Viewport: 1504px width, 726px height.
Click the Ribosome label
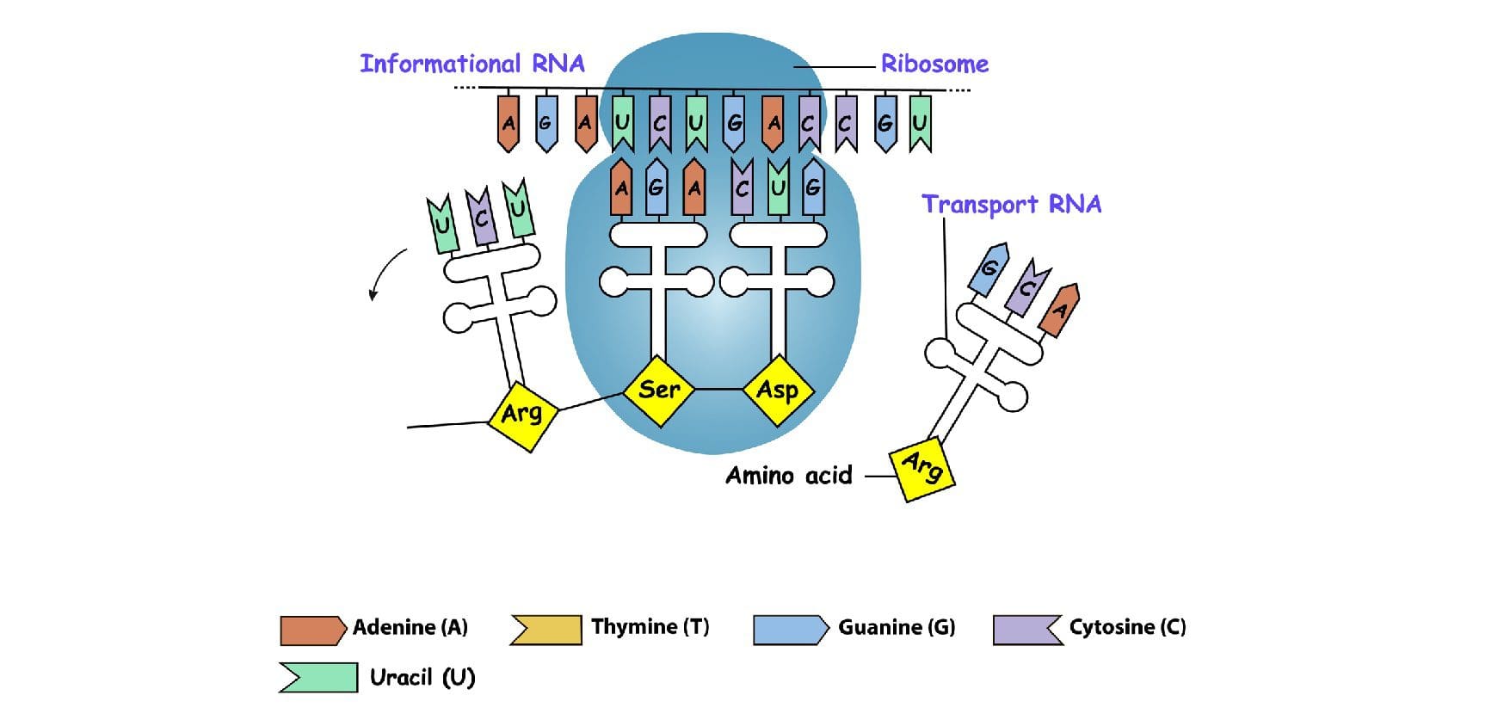point(934,65)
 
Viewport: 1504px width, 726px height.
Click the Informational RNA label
point(472,65)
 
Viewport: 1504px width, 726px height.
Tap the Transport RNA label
point(1011,205)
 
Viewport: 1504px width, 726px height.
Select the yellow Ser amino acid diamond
point(659,391)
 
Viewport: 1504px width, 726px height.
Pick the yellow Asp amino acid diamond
point(778,391)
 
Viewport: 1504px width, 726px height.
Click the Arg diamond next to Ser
point(522,415)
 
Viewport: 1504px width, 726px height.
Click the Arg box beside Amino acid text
point(922,468)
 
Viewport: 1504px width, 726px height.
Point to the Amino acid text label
point(788,476)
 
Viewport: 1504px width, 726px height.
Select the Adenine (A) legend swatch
point(311,630)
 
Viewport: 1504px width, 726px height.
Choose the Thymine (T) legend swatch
point(546,629)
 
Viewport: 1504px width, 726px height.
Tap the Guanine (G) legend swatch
point(789,630)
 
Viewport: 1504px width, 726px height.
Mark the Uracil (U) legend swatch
point(317,678)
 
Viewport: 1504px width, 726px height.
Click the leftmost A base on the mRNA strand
point(509,123)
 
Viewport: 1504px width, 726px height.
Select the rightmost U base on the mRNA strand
point(920,123)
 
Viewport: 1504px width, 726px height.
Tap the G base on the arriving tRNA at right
point(989,269)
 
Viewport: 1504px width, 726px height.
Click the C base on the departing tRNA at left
point(481,218)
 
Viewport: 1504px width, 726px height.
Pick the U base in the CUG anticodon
point(778,188)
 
